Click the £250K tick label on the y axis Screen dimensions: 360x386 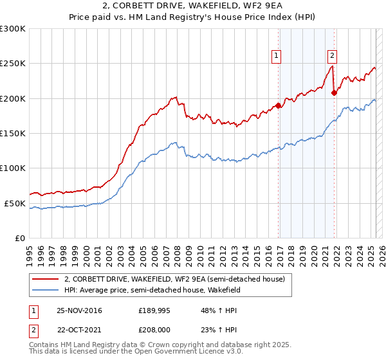tap(13, 64)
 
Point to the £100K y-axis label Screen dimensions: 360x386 tap(13, 168)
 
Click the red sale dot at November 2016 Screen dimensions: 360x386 tap(278, 105)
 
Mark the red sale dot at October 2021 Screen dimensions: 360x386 tap(334, 93)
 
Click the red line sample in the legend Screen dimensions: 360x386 tap(46, 279)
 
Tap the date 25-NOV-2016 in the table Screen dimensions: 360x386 tap(79, 310)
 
